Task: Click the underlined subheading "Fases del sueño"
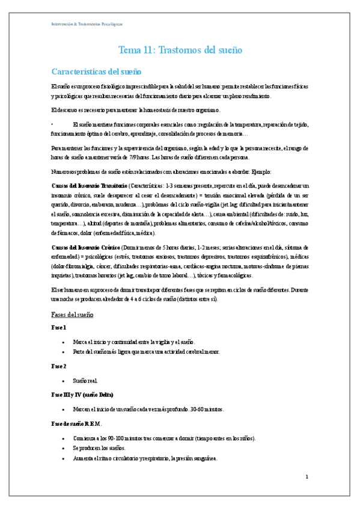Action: pos(72,315)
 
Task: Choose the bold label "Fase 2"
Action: pos(59,366)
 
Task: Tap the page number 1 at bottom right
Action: pos(307,477)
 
